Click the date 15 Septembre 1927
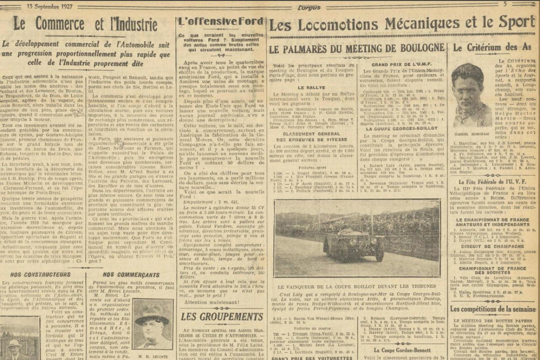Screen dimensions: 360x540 [49, 6]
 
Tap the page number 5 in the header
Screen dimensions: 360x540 [505, 4]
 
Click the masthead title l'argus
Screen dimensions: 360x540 [309, 7]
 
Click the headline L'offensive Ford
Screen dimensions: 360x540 [221, 22]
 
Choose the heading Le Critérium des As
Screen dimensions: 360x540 [491, 48]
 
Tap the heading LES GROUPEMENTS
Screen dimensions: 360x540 [222, 317]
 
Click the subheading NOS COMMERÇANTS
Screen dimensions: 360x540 [131, 274]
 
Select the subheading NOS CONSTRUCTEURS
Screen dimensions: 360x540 [40, 274]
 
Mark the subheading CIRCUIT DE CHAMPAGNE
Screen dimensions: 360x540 [492, 246]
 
